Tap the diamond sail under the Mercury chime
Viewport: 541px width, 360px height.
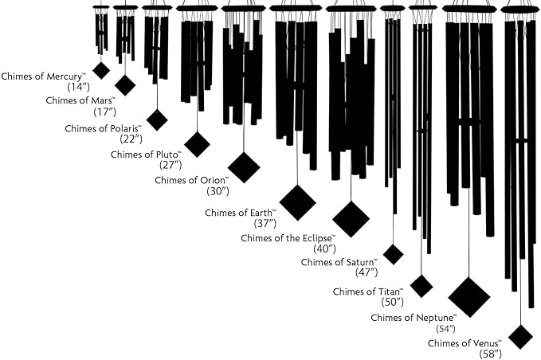pyautogui.click(x=101, y=70)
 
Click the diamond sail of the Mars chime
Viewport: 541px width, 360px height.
pyautogui.click(x=125, y=85)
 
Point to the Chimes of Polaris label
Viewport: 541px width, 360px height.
pyautogui.click(x=103, y=127)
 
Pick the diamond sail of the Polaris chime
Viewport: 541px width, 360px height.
pyautogui.click(x=157, y=119)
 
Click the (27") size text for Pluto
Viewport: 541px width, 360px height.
pyautogui.click(x=171, y=165)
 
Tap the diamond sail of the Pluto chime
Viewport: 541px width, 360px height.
pyautogui.click(x=197, y=144)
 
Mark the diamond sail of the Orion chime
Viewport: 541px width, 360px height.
pyautogui.click(x=244, y=167)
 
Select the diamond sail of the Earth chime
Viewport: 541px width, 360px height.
pyautogui.click(x=297, y=202)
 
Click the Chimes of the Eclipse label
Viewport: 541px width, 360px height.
pyautogui.click(x=288, y=238)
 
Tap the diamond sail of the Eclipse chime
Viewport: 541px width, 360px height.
pyautogui.click(x=351, y=219)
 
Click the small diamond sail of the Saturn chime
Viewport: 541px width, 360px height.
pyautogui.click(x=393, y=254)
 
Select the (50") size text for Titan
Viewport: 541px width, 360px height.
pyautogui.click(x=392, y=302)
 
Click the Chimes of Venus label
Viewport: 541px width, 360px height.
pyautogui.click(x=464, y=343)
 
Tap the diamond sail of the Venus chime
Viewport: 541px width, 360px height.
pyautogui.click(x=520, y=336)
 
